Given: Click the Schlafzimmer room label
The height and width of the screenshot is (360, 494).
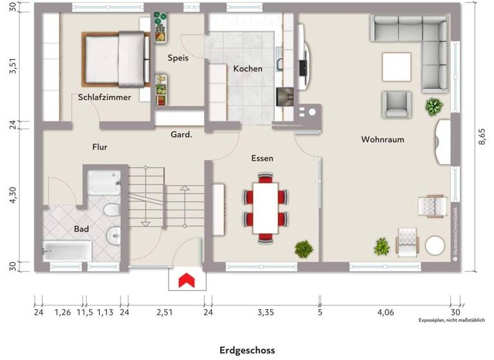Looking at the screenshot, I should (x=104, y=98).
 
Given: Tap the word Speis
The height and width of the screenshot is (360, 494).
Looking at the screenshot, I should (x=178, y=58).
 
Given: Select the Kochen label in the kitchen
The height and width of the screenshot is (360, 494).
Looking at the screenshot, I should (x=248, y=69).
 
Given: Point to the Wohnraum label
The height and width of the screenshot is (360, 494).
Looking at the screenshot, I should (x=382, y=139).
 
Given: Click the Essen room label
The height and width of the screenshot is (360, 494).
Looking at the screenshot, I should (x=262, y=157).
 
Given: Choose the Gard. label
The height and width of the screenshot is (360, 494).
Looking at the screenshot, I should (x=181, y=135).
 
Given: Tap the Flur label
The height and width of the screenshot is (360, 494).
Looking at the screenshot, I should (x=99, y=147).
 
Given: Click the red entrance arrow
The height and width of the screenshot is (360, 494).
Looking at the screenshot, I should (x=187, y=280).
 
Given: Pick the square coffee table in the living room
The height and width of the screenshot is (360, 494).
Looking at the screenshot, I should (x=396, y=67).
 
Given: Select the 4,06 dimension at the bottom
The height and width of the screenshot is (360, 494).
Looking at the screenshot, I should (x=386, y=313).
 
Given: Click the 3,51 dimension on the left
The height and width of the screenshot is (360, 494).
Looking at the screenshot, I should (x=11, y=66).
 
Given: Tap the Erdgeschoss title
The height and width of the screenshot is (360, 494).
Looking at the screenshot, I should (x=247, y=350).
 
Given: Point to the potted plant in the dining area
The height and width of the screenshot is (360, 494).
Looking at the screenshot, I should (x=303, y=248).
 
